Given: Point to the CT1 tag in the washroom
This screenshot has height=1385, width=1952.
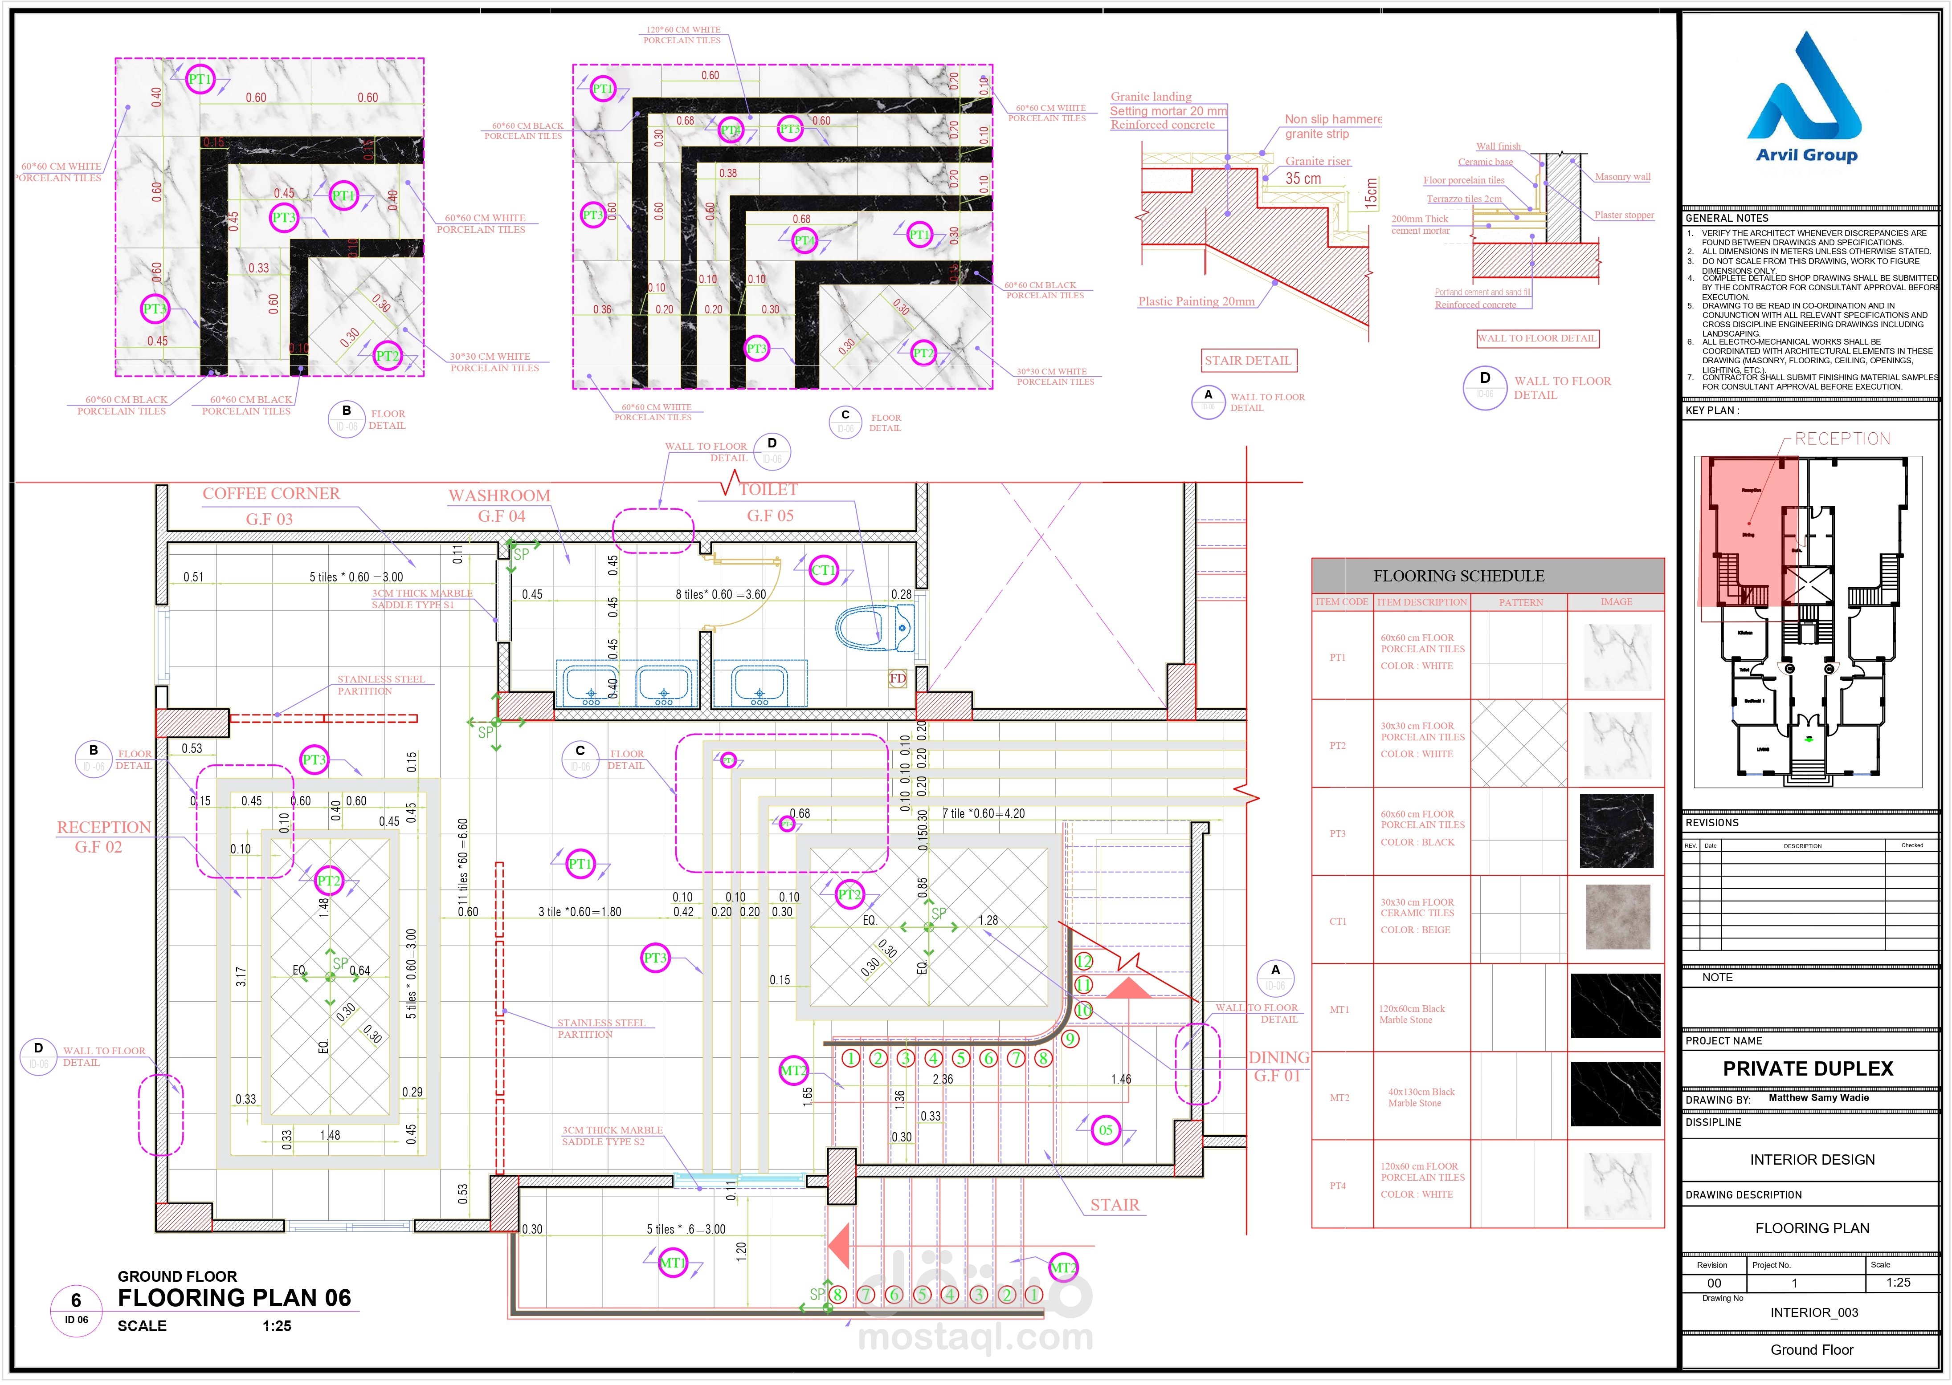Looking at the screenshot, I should coord(823,571).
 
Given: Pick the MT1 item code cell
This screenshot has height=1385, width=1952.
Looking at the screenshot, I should coord(1339,1010).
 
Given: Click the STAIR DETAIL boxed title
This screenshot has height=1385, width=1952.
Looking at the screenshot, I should coord(1247,361).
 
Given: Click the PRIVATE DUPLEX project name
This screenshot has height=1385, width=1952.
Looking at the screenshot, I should coord(1808,1068).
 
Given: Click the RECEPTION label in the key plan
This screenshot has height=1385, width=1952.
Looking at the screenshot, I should coord(1842,439).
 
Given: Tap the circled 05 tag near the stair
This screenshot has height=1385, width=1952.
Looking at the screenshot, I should coord(1106,1131).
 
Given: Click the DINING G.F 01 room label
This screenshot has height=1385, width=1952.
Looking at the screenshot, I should coord(1278,1066).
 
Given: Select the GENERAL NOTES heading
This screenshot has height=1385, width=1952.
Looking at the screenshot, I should coord(1727,218).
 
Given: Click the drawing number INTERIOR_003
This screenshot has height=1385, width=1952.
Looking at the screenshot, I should coord(1814,1312).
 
